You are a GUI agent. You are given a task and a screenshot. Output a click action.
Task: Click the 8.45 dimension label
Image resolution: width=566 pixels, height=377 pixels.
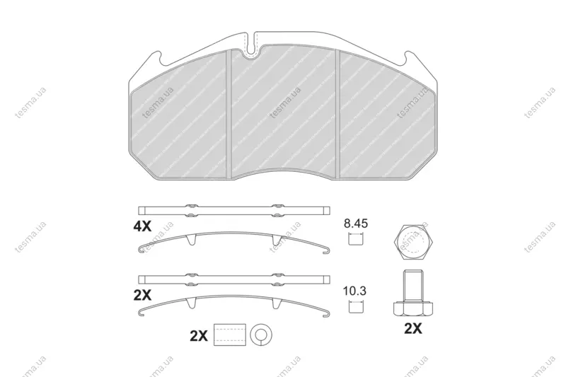coord(356,224)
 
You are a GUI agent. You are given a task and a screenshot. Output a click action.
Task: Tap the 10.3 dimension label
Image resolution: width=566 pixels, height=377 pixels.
coord(354,291)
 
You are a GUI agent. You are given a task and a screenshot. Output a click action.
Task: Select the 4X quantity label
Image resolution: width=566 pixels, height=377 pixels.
coord(143,226)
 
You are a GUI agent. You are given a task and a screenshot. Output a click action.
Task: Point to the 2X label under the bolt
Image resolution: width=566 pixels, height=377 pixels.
coord(413,329)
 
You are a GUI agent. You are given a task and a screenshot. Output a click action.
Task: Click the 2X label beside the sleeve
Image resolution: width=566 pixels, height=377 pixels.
coord(199,336)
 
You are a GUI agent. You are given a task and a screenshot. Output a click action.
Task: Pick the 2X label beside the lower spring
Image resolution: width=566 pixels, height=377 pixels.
coord(143,296)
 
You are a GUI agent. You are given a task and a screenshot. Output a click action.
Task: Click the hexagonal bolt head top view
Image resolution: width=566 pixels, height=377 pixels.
coord(414,243)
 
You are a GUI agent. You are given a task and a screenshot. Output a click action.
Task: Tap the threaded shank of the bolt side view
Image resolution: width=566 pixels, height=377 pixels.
coord(413,286)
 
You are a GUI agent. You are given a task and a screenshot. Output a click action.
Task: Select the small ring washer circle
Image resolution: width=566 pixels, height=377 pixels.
coord(261,335)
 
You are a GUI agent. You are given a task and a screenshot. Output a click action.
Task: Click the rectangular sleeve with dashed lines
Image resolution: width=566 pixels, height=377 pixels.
coord(229,335)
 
